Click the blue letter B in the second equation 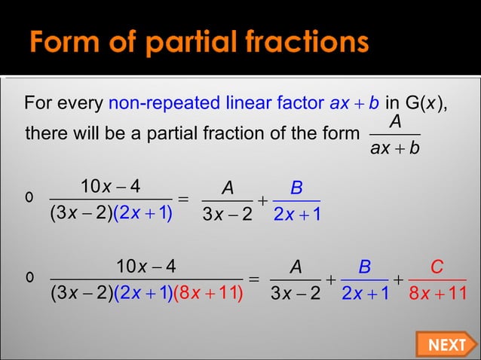364,267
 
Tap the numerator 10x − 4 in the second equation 146,267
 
